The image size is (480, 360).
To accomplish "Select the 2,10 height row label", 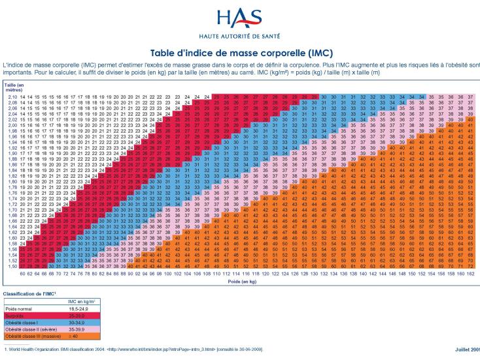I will (12, 97).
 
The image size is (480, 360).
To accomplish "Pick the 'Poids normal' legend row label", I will (20, 308).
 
